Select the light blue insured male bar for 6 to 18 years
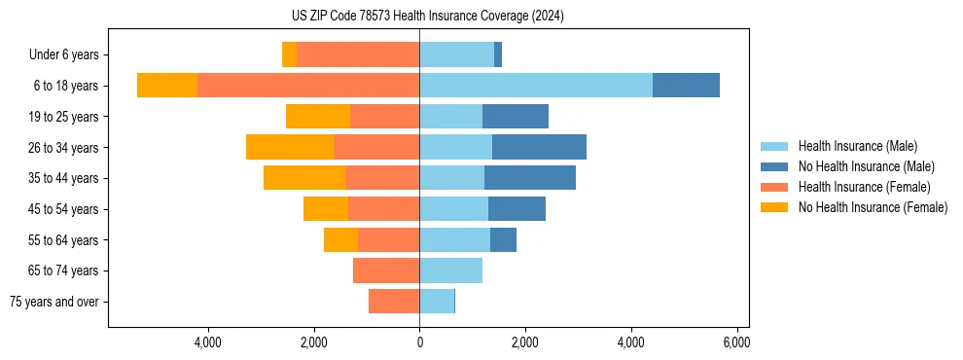coord(535,86)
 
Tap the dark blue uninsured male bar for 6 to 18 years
coord(686,86)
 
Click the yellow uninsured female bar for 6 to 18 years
coord(167,86)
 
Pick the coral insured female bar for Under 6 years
coord(358,54)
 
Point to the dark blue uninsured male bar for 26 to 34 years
coord(539,147)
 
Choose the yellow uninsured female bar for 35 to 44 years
coord(304,178)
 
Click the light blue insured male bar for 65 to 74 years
coord(450,270)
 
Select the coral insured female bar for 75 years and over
coord(394,302)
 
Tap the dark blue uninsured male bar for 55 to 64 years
coord(503,239)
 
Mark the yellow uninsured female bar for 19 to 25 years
coord(318,117)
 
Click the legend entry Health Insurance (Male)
coord(857,146)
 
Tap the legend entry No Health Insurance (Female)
coord(873,207)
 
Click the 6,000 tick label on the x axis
coord(736,343)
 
